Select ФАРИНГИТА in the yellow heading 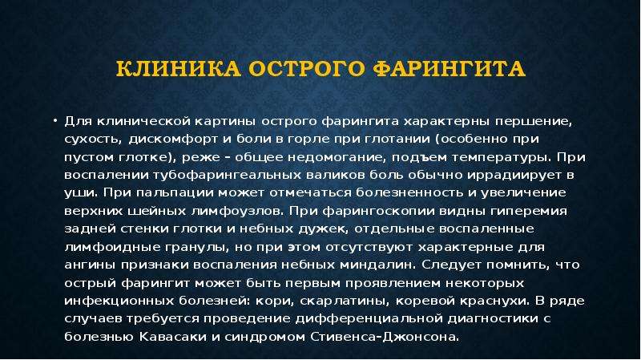point(449,69)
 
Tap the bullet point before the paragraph point(54,121)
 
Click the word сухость point(93,140)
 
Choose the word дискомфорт point(173,140)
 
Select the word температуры point(501,158)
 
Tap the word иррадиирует point(514,176)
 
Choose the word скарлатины point(344,301)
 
